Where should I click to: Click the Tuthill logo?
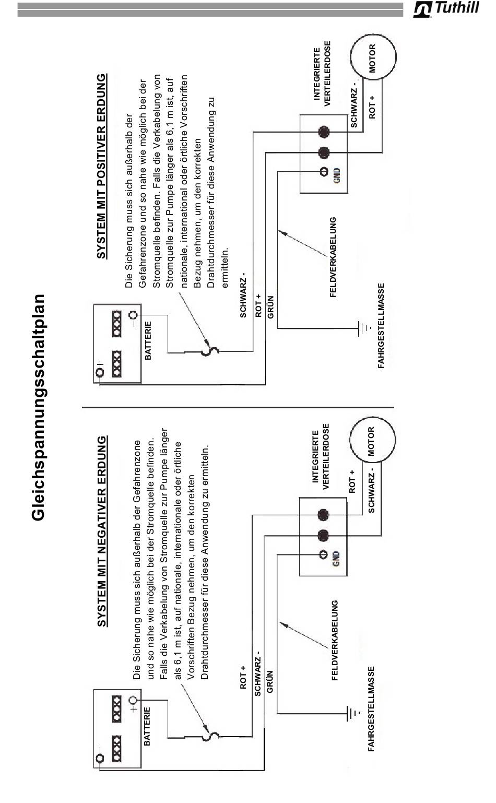446,8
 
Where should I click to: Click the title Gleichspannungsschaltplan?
38,407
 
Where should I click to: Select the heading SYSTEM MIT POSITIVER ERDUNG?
102,166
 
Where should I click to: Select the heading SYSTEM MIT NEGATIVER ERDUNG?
102,531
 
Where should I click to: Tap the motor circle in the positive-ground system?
373,57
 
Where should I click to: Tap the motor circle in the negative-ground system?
372,440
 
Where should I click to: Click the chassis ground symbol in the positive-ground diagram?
363,328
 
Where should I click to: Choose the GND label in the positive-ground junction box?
337,175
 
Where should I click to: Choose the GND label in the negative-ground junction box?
336,558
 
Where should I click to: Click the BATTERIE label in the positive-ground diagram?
148,340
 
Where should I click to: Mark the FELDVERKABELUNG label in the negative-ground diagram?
334,640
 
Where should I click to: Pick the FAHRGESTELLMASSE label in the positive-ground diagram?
381,325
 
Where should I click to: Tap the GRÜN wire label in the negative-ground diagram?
270,681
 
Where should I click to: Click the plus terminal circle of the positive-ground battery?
100,372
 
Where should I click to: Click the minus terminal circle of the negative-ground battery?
100,758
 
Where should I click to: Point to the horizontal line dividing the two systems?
238,407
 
